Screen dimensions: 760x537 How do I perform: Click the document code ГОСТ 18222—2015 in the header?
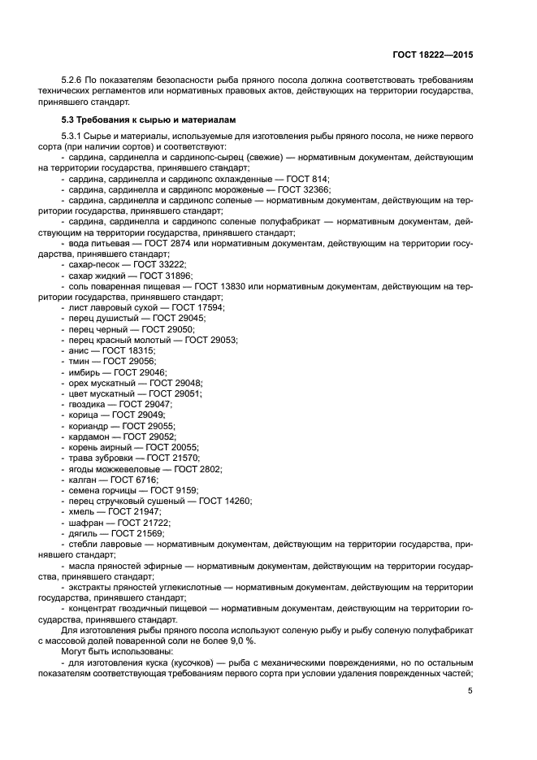(x=431, y=55)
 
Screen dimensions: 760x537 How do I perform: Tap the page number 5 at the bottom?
(x=470, y=691)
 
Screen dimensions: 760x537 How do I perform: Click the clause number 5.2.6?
(x=74, y=80)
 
